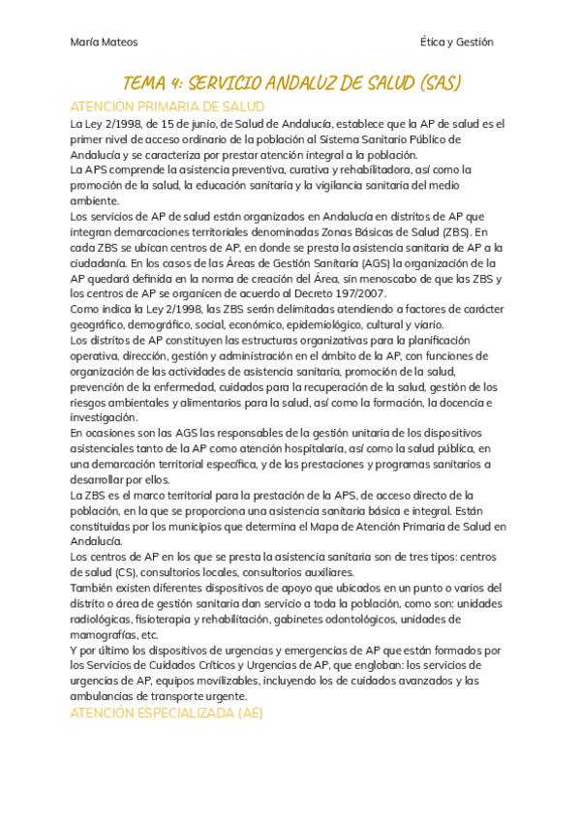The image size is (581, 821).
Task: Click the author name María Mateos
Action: [104, 43]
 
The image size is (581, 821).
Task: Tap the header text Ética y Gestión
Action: [457, 43]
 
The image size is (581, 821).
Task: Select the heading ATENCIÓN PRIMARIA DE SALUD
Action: [168, 106]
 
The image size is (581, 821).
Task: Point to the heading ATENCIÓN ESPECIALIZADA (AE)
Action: [167, 714]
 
